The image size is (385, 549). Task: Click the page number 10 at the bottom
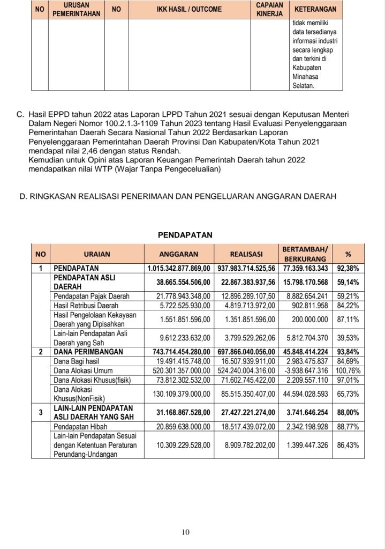point(185,532)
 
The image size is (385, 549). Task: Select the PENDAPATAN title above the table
point(185,234)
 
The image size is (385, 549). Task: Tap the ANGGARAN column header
point(179,254)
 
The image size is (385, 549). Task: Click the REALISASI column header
point(246,254)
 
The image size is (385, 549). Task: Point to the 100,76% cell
point(348,370)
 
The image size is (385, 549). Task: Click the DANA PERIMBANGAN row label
point(88,352)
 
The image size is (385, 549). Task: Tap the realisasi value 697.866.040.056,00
point(246,352)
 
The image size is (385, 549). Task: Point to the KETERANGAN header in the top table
point(316,10)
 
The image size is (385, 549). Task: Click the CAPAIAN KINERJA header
point(270,10)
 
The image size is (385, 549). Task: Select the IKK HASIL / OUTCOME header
point(189,10)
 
